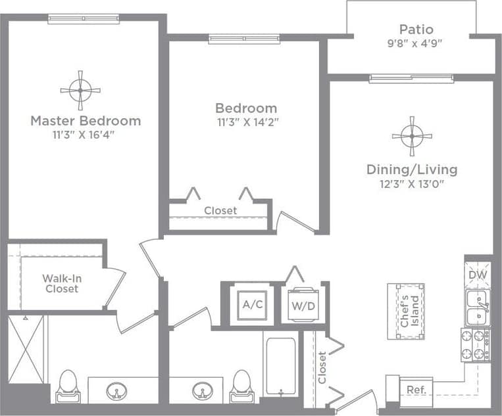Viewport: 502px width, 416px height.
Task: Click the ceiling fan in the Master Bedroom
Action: coord(80,91)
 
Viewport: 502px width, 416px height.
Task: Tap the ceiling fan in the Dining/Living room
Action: coord(412,136)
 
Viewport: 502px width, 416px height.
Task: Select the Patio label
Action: coord(416,30)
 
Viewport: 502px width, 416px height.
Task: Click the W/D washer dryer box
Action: coord(303,304)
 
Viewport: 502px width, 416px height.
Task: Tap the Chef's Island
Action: coord(405,311)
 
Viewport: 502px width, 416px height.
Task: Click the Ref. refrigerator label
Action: coord(416,389)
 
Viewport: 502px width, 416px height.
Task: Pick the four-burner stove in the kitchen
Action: coord(475,345)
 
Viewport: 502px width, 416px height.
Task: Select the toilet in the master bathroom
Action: coord(68,386)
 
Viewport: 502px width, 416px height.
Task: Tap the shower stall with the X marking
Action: coord(26,350)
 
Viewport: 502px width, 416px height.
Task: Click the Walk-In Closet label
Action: coord(62,283)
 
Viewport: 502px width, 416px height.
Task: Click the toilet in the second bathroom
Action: coord(241,386)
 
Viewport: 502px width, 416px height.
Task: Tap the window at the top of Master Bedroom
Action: coord(84,19)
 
